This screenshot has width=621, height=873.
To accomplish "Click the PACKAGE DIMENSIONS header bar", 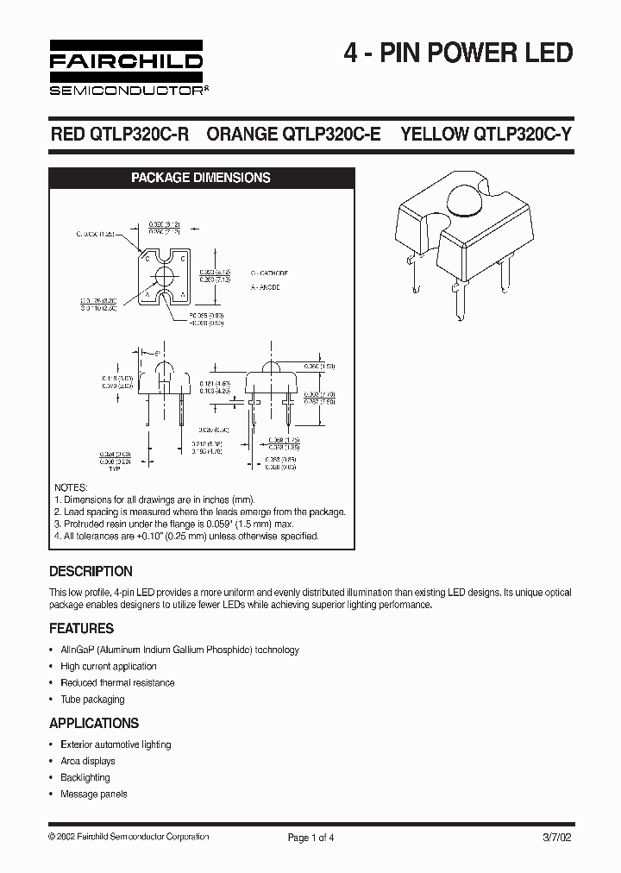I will [x=200, y=178].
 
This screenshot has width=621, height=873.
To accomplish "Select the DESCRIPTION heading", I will [x=91, y=571].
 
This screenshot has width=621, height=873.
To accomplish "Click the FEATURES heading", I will [x=82, y=628].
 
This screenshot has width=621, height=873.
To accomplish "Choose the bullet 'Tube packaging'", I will [x=92, y=699].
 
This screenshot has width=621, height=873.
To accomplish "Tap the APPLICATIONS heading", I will [x=94, y=723].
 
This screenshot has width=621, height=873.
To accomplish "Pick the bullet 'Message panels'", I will [x=93, y=794].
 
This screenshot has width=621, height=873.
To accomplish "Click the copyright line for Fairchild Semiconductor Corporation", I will [x=129, y=837].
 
